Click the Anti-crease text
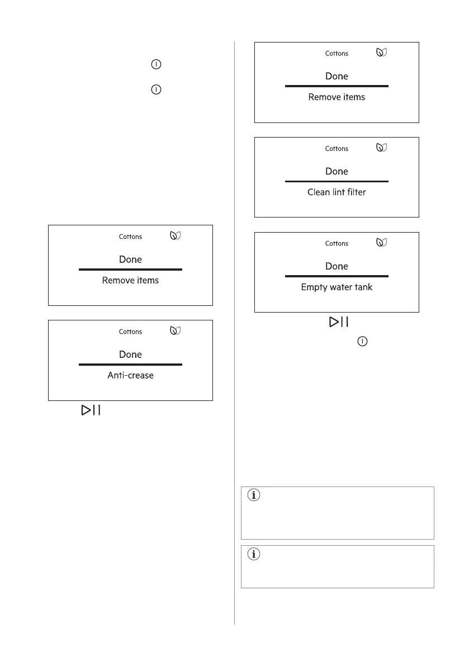130,375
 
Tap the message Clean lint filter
337,192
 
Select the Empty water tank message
337,287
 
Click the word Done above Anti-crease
130,355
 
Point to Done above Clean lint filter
337,171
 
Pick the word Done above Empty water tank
337,266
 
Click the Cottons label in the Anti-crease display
130,332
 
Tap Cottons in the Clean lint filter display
337,148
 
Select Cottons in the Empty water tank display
337,243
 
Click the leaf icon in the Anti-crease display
176,331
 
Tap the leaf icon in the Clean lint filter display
382,148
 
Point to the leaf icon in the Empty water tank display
382,243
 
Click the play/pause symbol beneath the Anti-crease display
91,410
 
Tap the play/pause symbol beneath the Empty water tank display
339,322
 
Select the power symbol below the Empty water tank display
362,341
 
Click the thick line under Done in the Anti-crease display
130,365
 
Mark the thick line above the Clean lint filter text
337,181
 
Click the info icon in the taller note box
253,495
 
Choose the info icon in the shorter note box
253,554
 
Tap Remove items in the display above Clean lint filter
337,97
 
